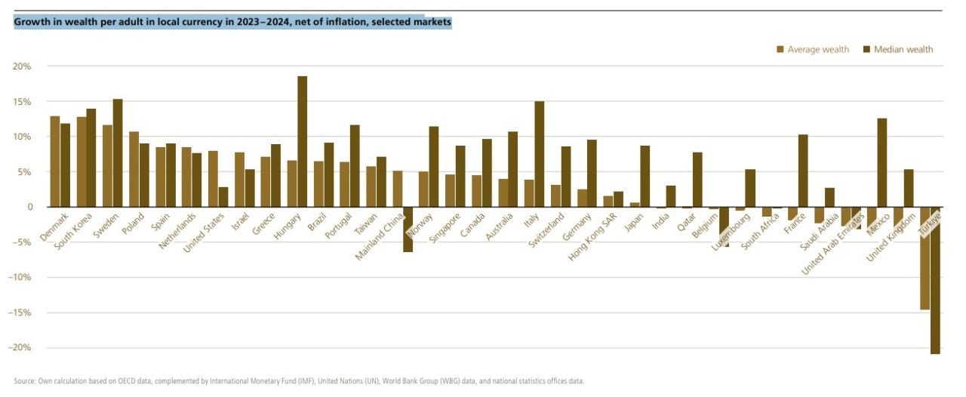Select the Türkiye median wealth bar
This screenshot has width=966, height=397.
tap(935, 280)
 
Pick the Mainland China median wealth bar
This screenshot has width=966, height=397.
tap(408, 229)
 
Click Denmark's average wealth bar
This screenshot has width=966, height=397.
tap(55, 162)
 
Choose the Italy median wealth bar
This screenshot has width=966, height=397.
tap(539, 154)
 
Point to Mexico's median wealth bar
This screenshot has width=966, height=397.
tap(882, 162)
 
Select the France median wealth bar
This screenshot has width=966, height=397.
tap(803, 171)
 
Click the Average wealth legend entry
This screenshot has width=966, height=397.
tap(812, 50)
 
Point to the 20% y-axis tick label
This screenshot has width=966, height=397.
tap(22, 66)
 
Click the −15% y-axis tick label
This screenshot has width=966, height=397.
tap(20, 312)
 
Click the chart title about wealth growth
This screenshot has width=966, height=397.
tap(232, 23)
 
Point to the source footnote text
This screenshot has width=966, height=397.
tap(299, 381)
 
